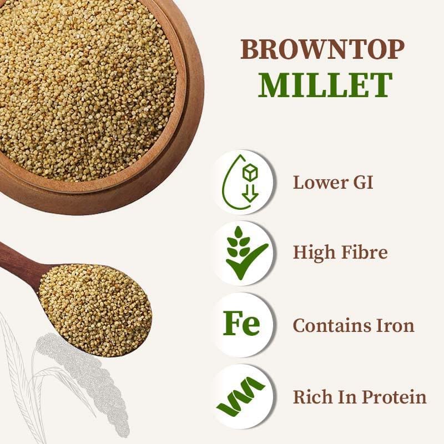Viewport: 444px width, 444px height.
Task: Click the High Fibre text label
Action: [340, 253]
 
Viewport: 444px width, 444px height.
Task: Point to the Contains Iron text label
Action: [354, 325]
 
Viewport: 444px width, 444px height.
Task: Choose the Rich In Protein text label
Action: [360, 397]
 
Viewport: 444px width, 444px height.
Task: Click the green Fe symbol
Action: [241, 325]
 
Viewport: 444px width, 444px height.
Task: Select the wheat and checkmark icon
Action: [243, 253]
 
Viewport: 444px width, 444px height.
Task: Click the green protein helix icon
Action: [241, 397]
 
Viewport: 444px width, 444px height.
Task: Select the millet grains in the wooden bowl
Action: [83, 83]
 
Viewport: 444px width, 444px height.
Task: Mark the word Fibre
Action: [365, 253]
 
